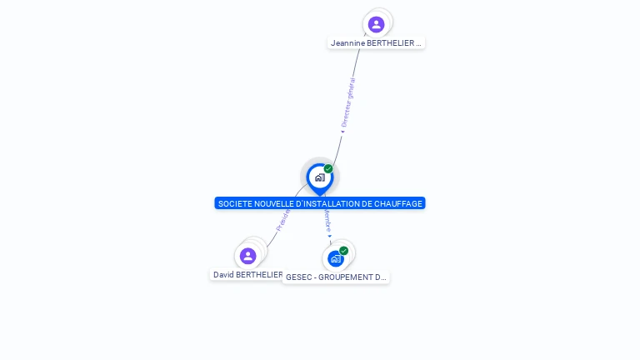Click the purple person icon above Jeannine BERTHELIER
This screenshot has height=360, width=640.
pos(376,24)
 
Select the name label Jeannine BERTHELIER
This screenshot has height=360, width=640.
pos(376,42)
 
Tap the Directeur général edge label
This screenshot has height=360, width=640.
pos(348,102)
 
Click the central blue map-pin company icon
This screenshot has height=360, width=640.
pos(319,177)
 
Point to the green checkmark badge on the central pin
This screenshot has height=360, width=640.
pos(328,169)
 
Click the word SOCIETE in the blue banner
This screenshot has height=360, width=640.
pos(233,203)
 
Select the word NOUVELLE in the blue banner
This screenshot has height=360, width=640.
pos(272,203)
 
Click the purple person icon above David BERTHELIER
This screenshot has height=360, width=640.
pos(247,256)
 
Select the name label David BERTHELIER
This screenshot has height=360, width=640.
pos(247,274)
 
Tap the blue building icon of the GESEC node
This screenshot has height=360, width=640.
pos(335,258)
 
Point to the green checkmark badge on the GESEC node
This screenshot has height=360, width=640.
pos(343,251)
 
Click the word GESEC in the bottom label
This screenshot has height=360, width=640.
pos(297,277)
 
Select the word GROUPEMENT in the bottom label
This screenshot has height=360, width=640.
pos(345,277)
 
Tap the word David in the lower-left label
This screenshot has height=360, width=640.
pos(222,274)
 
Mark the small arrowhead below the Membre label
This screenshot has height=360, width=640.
pos(329,237)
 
